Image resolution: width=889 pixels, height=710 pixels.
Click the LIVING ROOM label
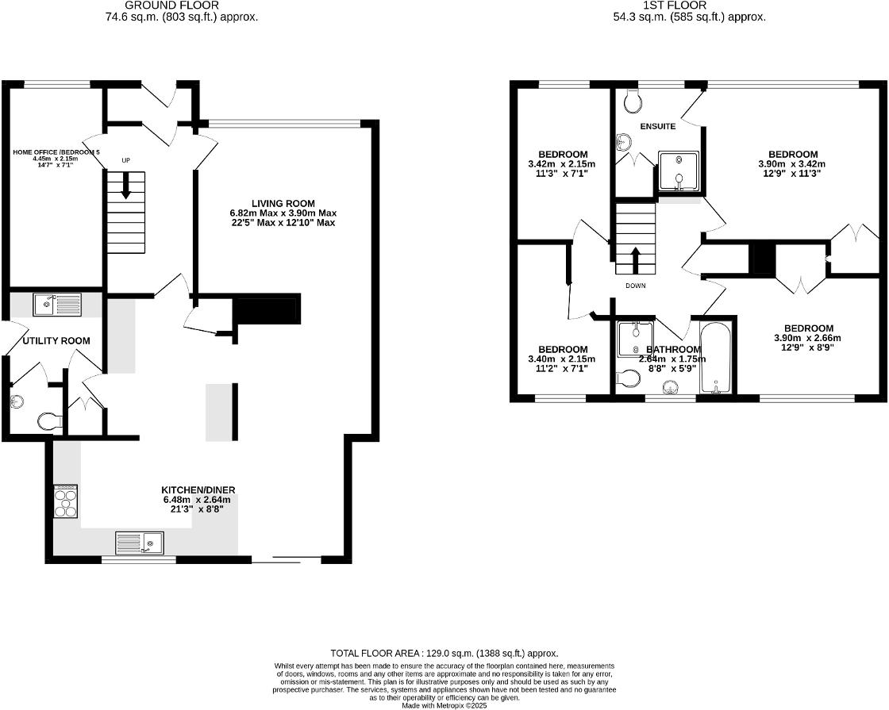click(x=284, y=203)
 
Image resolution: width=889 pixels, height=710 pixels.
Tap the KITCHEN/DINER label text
click(x=198, y=489)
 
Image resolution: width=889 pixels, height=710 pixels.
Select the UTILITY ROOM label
click(x=56, y=340)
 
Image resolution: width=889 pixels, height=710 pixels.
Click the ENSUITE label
click(x=658, y=126)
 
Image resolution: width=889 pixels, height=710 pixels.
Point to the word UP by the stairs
click(x=125, y=160)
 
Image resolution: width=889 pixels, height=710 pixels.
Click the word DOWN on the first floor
click(x=636, y=286)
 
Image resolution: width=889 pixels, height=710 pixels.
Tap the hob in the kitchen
click(x=65, y=501)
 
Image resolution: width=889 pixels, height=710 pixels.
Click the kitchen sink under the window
click(x=140, y=543)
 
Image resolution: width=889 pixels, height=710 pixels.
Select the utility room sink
click(x=56, y=303)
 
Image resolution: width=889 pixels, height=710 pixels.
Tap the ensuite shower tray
click(x=679, y=171)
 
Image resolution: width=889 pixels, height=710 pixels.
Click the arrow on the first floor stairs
click(x=635, y=259)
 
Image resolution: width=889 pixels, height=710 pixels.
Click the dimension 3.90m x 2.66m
click(x=807, y=338)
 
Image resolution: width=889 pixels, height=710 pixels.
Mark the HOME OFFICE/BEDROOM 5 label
click(x=56, y=151)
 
